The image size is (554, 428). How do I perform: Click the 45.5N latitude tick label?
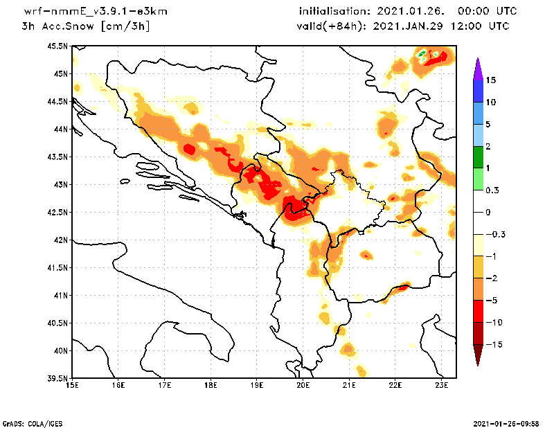tap(57, 46)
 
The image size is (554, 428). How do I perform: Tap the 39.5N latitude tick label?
tap(57, 379)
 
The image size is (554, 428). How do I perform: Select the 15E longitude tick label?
tap(71, 385)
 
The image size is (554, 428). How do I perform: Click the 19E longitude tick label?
tap(257, 385)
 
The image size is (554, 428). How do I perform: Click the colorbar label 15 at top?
tap(490, 80)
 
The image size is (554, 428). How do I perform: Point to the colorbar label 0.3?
tap(493, 190)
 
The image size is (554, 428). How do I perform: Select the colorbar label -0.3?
tap(494, 234)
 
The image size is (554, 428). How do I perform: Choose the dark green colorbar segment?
tap(478, 157)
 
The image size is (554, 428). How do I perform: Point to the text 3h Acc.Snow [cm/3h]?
tap(86, 26)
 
